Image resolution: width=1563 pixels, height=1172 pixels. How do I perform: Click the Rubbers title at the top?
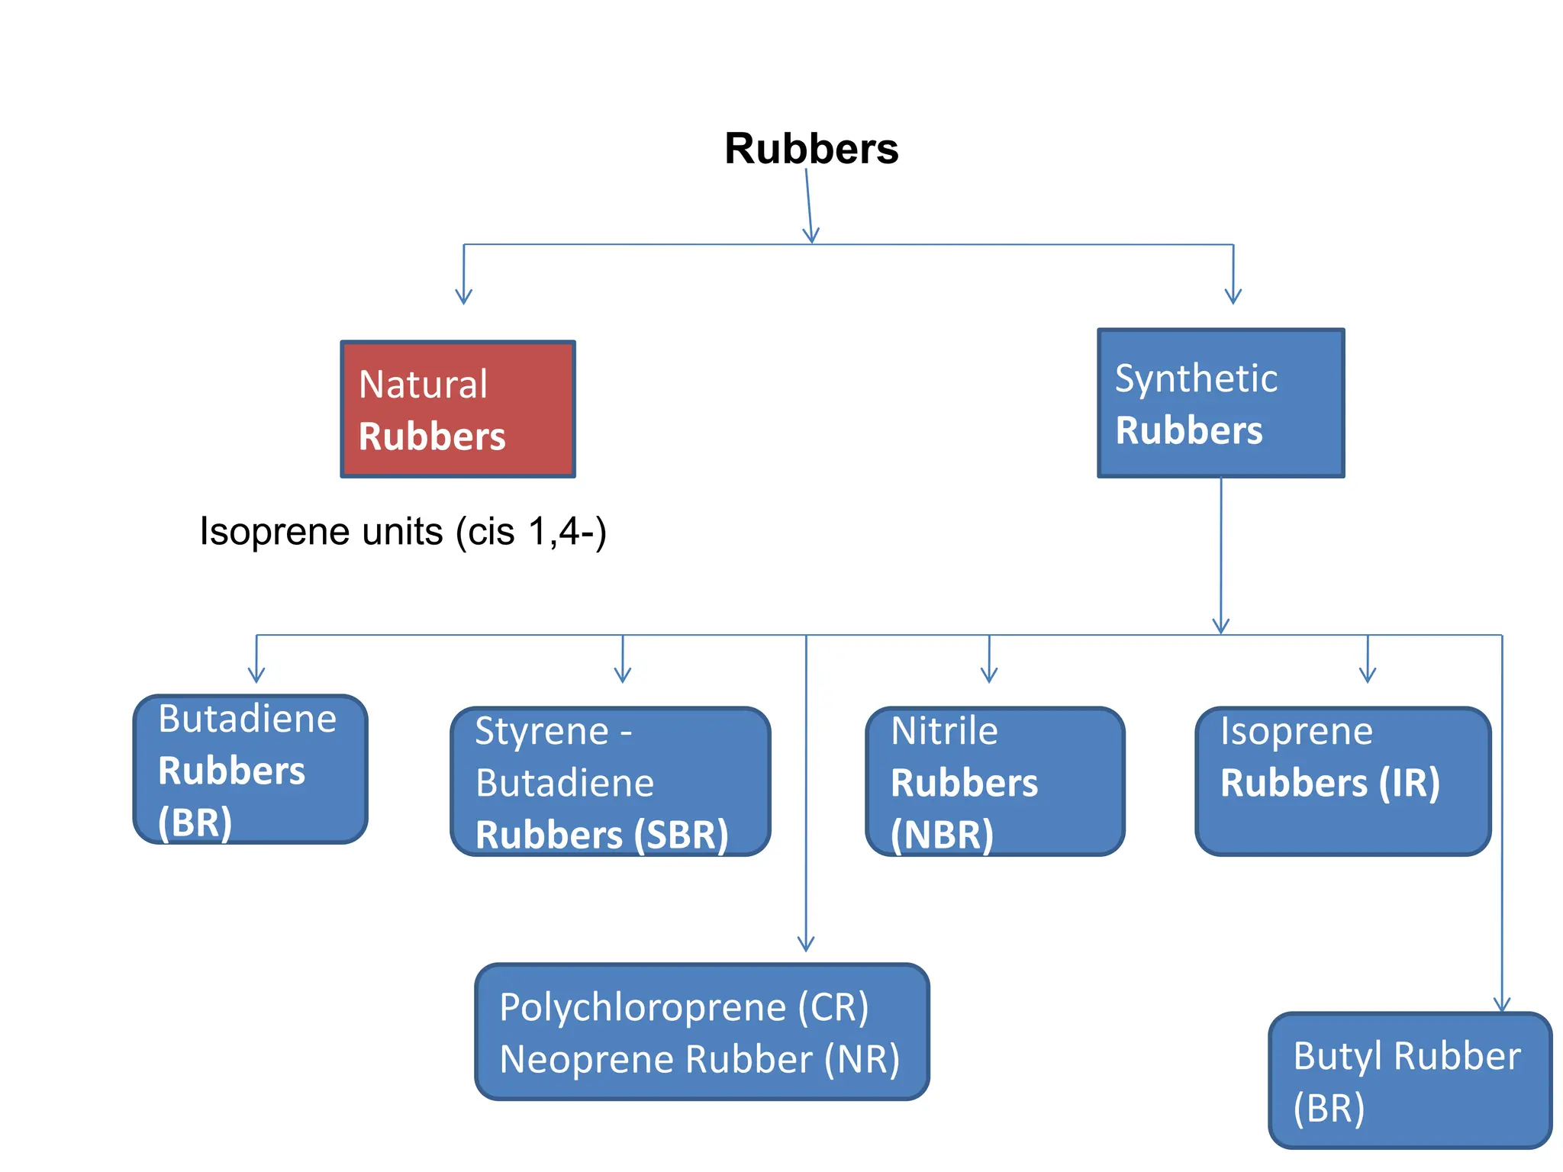[x=811, y=148]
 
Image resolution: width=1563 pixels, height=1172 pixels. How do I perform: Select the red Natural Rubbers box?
[x=457, y=410]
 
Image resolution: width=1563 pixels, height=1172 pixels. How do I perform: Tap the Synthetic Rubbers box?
[x=1220, y=404]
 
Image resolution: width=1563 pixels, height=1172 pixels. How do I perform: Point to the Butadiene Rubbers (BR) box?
[x=250, y=769]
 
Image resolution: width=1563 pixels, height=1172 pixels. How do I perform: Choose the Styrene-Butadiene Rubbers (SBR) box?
[x=610, y=781]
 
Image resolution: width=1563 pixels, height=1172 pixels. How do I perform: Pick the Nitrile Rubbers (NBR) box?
[x=994, y=781]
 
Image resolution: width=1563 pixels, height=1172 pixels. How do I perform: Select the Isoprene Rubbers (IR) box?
[x=1342, y=781]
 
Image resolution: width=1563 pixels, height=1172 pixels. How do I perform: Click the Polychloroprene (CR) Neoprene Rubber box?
[x=701, y=1032]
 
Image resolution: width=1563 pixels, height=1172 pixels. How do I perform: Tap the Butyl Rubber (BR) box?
[x=1410, y=1080]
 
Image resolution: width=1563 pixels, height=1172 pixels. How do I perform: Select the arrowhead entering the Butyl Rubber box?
[x=1502, y=1005]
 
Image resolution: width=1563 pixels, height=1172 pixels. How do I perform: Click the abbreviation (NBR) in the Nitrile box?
[x=942, y=835]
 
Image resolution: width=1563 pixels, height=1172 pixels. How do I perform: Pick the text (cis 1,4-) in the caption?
[x=531, y=532]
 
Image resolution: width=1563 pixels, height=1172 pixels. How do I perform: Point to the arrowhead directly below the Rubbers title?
[x=811, y=236]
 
